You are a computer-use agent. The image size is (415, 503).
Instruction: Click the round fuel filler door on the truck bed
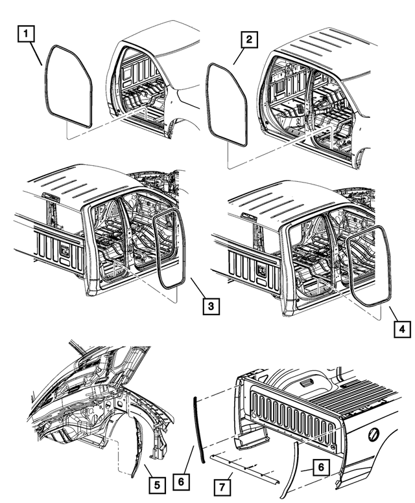375,434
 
